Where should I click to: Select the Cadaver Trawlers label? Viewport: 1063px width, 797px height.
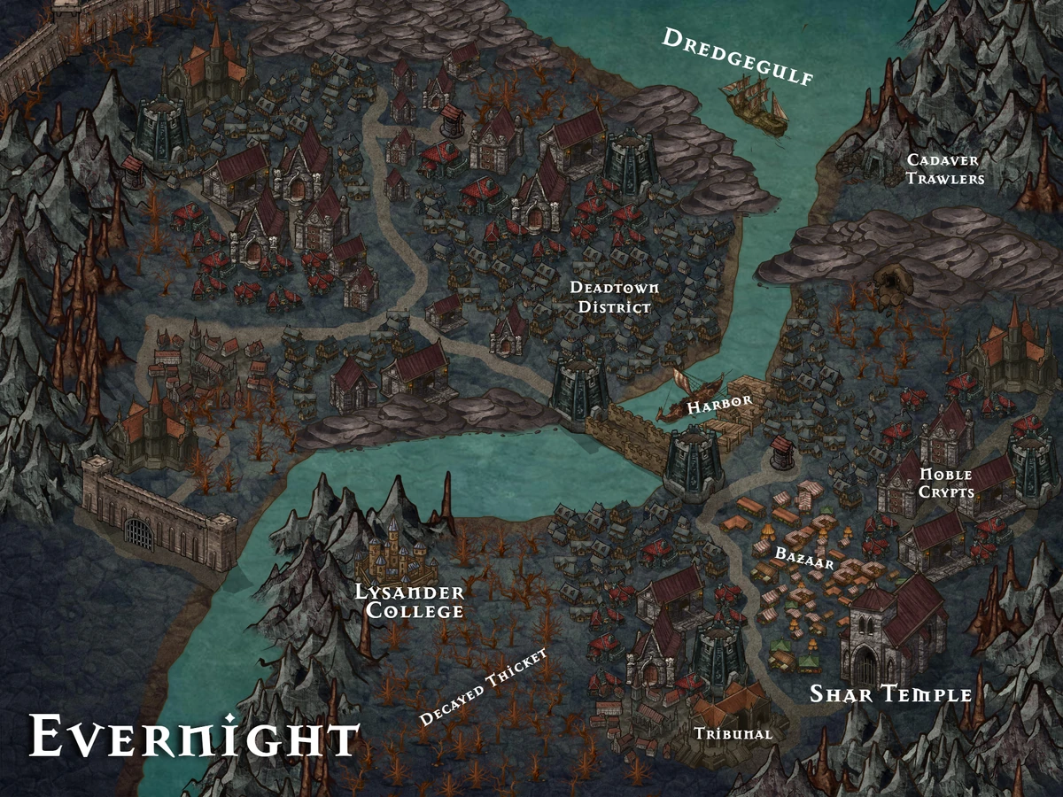coord(945,169)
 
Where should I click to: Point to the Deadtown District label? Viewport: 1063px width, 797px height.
coord(614,298)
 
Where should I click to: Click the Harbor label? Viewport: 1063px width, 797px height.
coord(720,403)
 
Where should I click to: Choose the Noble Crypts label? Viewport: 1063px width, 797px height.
coord(946,483)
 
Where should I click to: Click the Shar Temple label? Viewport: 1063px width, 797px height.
coord(890,694)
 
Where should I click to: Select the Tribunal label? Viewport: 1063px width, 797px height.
coord(733,734)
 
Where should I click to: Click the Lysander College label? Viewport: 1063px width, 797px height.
coord(409,601)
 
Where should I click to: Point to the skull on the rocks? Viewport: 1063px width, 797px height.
coord(886,282)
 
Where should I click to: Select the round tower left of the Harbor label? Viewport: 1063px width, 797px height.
coord(581,390)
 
